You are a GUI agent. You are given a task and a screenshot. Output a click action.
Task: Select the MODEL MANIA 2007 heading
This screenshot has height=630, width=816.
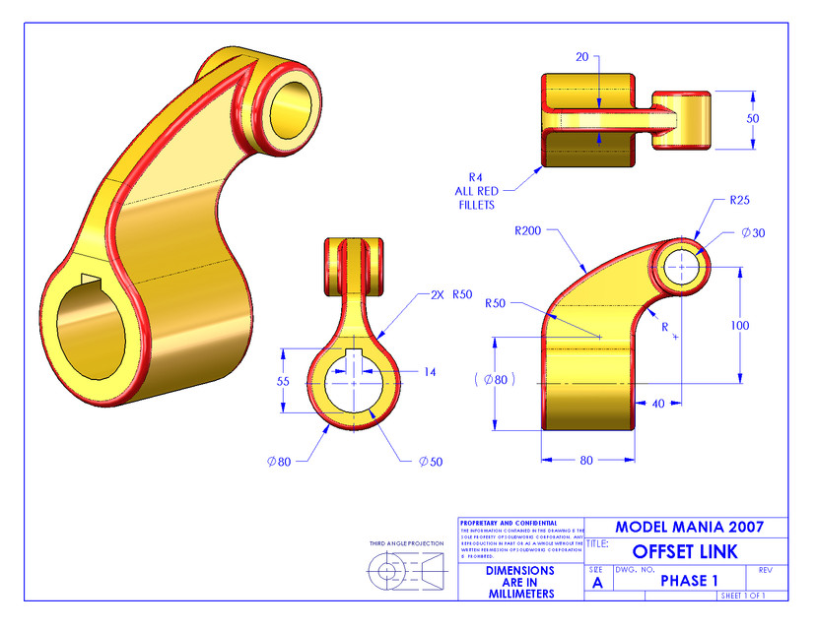click(x=686, y=527)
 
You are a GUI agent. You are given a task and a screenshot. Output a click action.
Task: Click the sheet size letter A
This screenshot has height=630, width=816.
click(x=597, y=583)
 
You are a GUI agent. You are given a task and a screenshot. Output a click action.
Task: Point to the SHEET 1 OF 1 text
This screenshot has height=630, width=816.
click(x=742, y=596)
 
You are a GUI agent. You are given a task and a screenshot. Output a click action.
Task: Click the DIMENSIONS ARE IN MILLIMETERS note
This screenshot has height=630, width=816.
click(x=520, y=582)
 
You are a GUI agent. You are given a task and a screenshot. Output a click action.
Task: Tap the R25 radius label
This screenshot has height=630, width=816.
click(x=740, y=200)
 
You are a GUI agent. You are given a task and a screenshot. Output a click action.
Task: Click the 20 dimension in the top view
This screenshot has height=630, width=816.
click(x=582, y=58)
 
